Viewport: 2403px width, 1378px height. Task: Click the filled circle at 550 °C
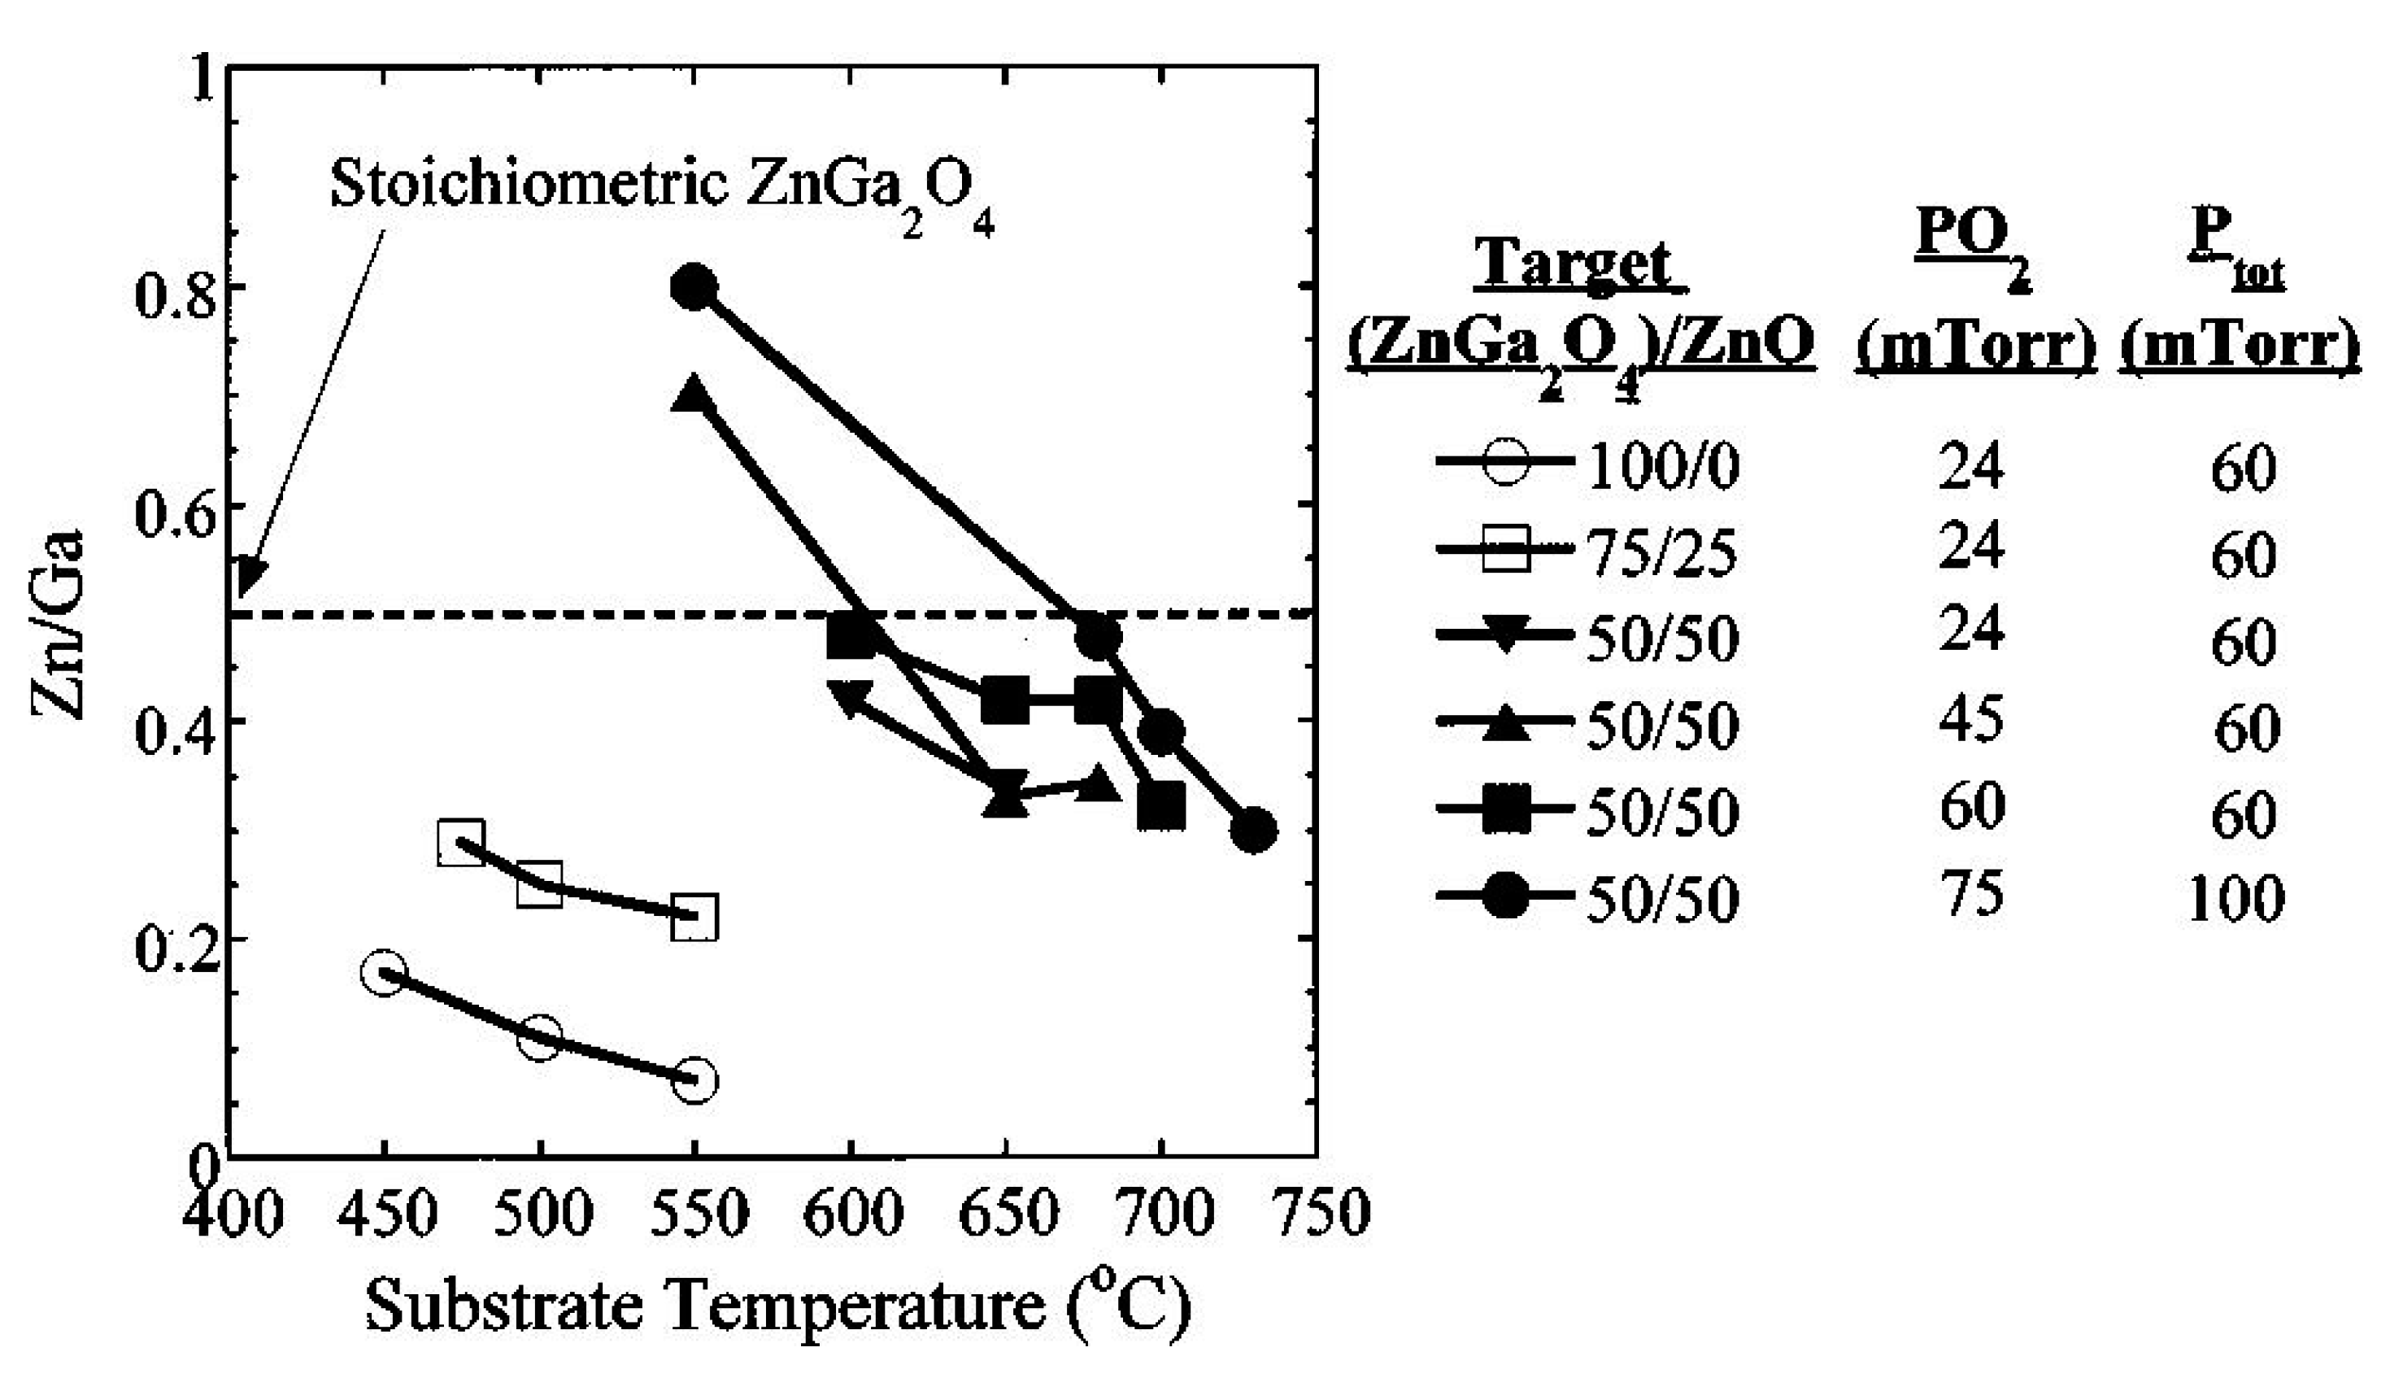pyautogui.click(x=694, y=287)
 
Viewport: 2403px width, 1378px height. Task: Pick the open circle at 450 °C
pyautogui.click(x=383, y=973)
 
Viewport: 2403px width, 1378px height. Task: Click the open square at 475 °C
pyautogui.click(x=462, y=842)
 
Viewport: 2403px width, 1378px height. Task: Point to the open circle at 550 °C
pyautogui.click(x=694, y=1080)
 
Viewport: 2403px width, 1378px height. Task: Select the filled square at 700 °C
pyautogui.click(x=1160, y=805)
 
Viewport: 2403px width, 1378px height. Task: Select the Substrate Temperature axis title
pyautogui.click(x=777, y=1308)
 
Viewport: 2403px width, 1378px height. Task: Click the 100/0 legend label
pyautogui.click(x=1662, y=467)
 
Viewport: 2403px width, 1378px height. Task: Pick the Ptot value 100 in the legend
pyautogui.click(x=2236, y=898)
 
